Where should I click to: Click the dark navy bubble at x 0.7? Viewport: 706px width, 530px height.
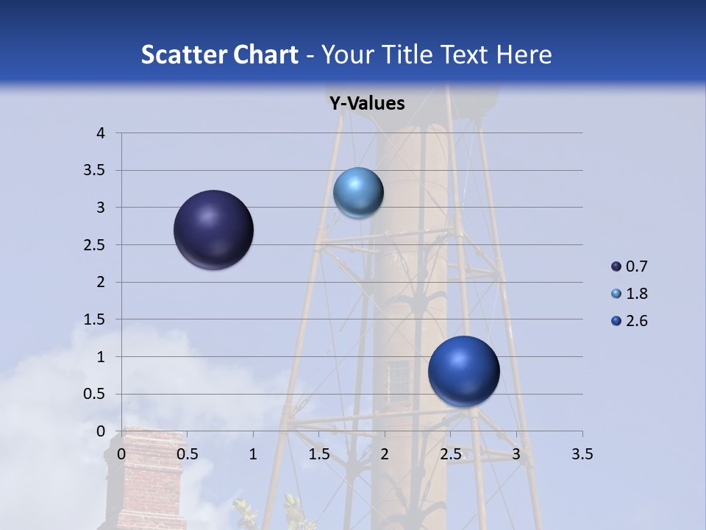pos(214,230)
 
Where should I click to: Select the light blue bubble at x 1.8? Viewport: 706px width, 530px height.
pos(358,193)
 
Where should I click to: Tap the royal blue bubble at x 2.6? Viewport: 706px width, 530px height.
pos(463,371)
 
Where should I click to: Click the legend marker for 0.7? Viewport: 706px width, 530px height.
pos(616,266)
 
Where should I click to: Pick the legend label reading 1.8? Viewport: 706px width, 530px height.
pos(636,294)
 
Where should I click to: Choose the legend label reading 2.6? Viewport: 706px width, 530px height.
pos(636,321)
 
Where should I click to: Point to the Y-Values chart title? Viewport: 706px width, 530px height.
pos(367,104)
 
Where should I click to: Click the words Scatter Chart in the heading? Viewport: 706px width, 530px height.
pos(219,54)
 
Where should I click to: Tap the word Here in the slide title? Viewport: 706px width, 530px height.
pos(524,54)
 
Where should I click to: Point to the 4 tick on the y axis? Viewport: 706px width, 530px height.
pos(101,133)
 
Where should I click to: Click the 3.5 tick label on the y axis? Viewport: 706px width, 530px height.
pos(96,171)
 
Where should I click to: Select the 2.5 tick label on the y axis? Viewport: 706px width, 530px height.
pos(96,245)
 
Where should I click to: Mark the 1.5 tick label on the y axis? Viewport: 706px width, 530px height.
pos(96,319)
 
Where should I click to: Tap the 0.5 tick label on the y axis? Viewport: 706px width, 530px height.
pos(96,394)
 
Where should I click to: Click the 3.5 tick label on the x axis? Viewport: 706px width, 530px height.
pos(582,454)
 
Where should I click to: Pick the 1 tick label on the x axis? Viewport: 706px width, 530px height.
pos(253,454)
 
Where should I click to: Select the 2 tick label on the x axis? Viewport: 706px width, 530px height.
pos(385,454)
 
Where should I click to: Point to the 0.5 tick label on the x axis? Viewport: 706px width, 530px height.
pos(187,454)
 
